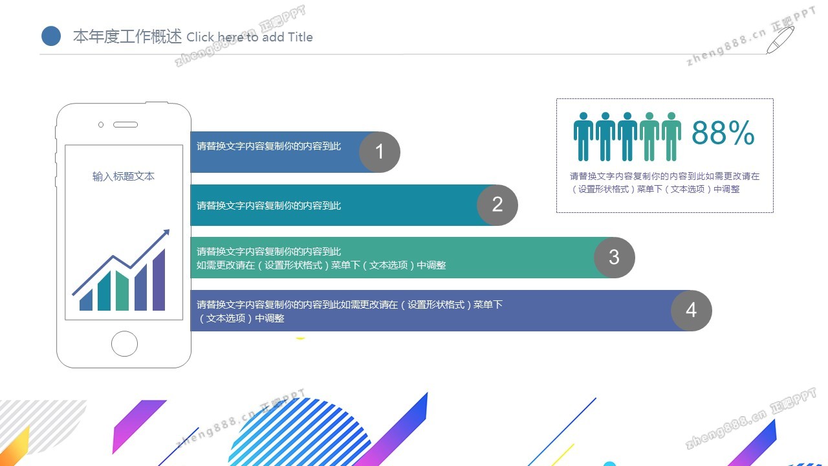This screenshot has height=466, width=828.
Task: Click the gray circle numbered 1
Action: pos(380,152)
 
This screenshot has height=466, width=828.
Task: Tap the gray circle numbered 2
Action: pos(497,205)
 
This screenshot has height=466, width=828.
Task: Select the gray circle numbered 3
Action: pos(615,258)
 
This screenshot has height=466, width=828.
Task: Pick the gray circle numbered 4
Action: pos(692,310)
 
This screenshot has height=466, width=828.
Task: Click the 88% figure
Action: pos(723,133)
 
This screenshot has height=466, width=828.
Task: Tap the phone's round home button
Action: pos(124,344)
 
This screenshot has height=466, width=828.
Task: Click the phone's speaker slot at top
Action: pos(125,125)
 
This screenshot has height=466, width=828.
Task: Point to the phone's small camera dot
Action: pos(100,125)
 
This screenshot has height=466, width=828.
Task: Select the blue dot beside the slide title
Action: pos(51,36)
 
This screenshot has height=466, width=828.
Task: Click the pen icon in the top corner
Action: pos(780,40)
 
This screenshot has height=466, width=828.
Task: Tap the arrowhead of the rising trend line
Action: pos(166,232)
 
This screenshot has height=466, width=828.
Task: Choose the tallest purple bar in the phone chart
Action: pos(158,280)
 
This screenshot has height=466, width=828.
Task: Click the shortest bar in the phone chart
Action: pos(86,300)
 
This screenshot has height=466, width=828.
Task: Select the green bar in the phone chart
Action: pos(122,291)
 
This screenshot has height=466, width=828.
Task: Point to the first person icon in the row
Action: pos(583,137)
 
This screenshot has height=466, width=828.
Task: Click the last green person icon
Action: pos(671,137)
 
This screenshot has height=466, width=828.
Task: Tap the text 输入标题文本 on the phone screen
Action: pos(123,176)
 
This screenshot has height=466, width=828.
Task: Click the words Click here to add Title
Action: pos(250,37)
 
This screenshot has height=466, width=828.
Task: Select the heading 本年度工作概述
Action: pos(127,36)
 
